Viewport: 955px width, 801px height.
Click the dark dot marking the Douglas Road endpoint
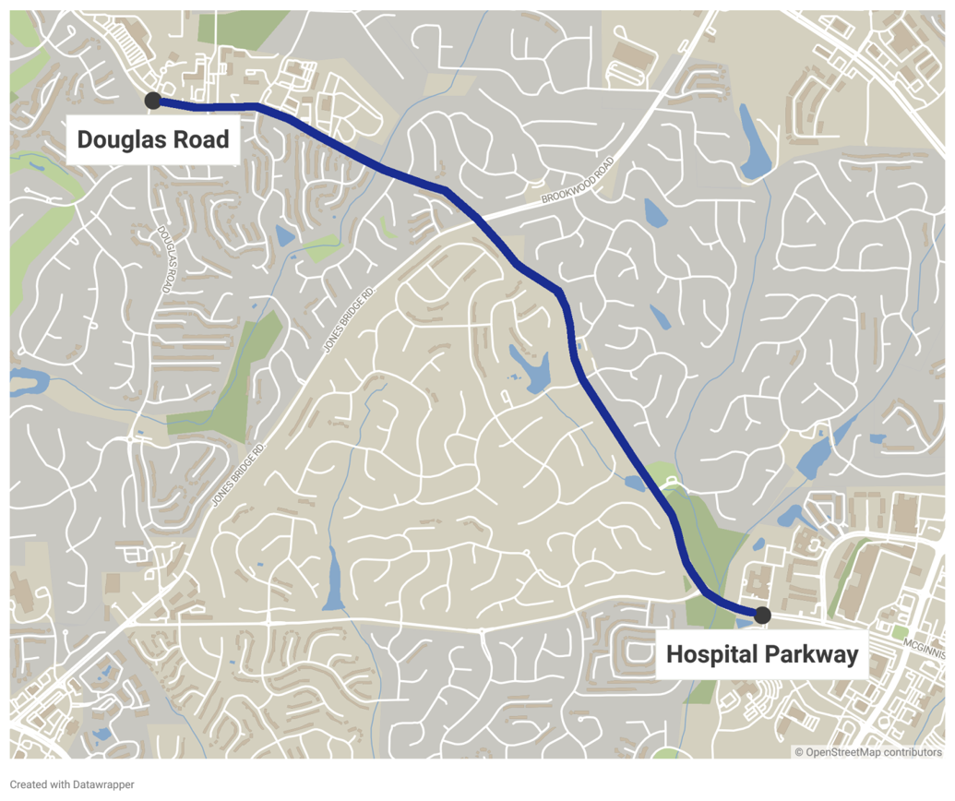pyautogui.click(x=153, y=101)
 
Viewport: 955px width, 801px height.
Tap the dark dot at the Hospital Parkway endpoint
pyautogui.click(x=762, y=615)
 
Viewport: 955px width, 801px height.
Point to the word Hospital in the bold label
pyautogui.click(x=710, y=655)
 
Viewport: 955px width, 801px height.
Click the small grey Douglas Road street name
pyautogui.click(x=164, y=259)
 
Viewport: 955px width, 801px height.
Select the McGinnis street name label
pyautogui.click(x=925, y=649)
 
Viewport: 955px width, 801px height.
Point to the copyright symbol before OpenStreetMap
pyautogui.click(x=800, y=752)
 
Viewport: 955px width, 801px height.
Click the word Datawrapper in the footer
pyautogui.click(x=103, y=784)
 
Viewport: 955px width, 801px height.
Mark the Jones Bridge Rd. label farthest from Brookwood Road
pyautogui.click(x=238, y=473)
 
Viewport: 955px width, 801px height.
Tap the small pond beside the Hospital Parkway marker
pyautogui.click(x=745, y=624)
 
